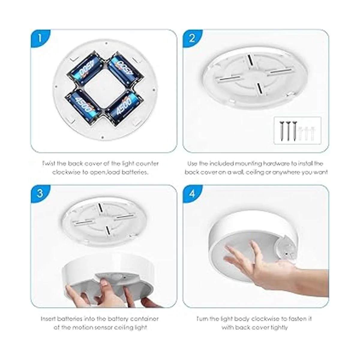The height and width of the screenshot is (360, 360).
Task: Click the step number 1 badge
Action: [39, 38]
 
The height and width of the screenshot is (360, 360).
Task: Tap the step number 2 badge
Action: [192, 38]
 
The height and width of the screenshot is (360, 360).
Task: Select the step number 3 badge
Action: [40, 194]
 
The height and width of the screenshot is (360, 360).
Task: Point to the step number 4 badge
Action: [192, 194]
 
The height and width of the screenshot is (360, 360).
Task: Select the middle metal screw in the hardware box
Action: [288, 131]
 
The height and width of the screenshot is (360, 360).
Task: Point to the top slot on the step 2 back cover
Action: [250, 60]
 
